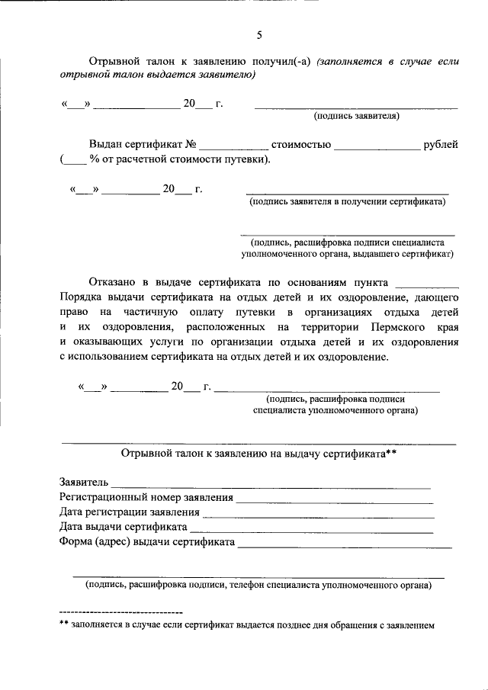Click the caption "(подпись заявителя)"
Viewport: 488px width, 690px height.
point(356,117)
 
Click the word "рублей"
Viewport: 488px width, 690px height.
point(440,144)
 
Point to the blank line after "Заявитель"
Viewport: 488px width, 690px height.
point(272,486)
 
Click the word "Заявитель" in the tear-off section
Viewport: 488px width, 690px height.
point(84,483)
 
